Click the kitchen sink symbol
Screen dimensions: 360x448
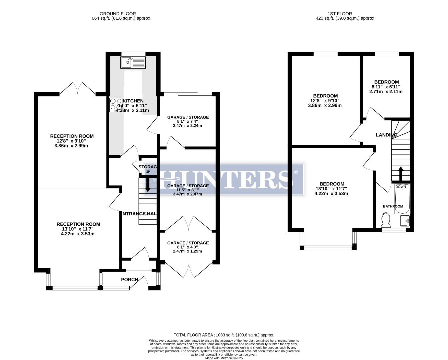point(133,62)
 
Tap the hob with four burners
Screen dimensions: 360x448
point(115,104)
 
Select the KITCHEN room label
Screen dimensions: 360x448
point(133,101)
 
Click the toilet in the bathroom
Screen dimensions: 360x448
point(386,219)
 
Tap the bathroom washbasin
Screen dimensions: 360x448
point(405,220)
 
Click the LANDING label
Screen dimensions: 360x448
point(386,135)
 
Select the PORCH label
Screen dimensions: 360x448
point(129,279)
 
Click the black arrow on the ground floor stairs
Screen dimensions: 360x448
point(147,185)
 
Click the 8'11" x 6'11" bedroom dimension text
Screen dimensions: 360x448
point(386,87)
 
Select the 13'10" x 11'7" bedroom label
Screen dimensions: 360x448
point(332,184)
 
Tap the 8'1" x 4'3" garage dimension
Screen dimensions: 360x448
point(188,247)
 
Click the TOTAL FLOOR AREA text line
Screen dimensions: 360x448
point(224,335)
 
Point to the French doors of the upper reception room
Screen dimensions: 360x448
point(77,88)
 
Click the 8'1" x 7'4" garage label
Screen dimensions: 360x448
point(188,117)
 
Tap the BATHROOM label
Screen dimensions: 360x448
point(393,206)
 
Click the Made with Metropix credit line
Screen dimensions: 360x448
point(224,358)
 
